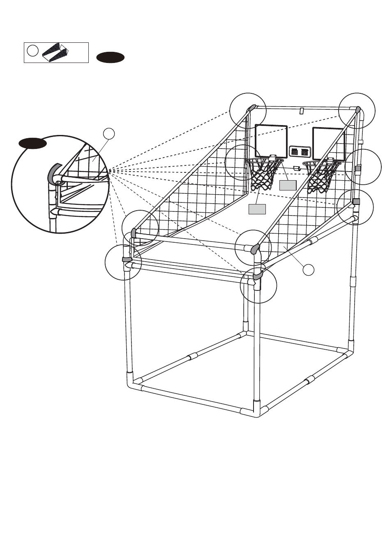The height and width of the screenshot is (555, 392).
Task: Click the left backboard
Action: (271, 138)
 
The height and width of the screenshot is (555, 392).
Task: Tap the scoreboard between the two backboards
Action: (300, 152)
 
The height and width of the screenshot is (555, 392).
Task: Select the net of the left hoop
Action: (263, 175)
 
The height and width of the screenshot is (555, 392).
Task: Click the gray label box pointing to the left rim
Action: (288, 185)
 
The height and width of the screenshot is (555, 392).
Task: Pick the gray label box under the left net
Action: (257, 209)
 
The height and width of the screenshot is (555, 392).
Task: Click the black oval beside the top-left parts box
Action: (111, 58)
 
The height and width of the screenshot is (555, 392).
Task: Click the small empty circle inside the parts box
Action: (33, 50)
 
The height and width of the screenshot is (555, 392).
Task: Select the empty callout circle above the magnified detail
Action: (108, 133)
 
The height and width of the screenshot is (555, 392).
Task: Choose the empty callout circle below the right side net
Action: (308, 270)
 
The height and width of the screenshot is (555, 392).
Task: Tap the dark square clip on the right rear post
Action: (356, 201)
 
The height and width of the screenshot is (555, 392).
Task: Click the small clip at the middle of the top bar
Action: (301, 111)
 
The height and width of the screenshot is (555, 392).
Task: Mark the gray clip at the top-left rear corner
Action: (252, 108)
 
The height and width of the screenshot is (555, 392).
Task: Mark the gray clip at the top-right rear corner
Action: (357, 110)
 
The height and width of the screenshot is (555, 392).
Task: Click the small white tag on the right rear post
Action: (360, 142)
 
